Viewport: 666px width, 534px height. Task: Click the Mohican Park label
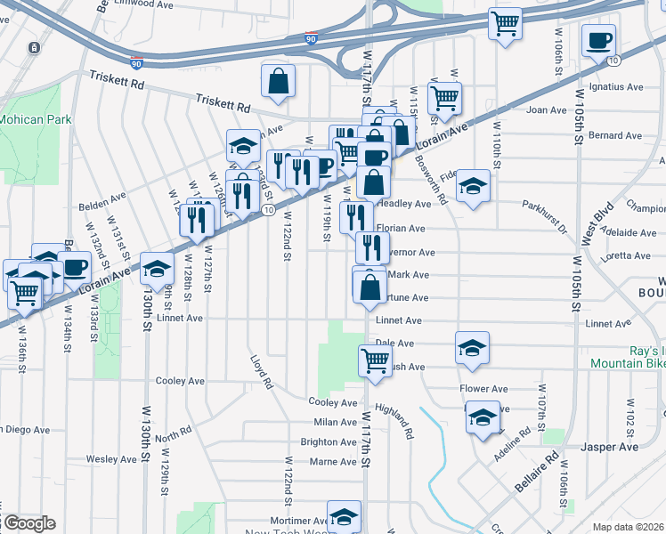pos(28,118)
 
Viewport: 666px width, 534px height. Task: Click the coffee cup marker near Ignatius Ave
pos(598,40)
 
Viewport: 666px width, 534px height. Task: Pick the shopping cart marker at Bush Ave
pos(376,360)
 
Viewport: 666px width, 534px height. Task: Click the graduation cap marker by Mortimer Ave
pos(344,517)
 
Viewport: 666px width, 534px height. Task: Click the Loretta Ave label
pos(629,255)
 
